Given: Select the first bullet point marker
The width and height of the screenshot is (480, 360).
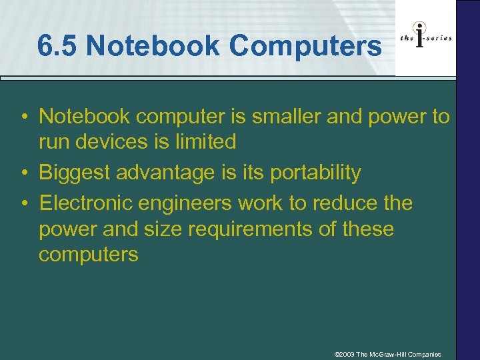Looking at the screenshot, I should coord(23,117).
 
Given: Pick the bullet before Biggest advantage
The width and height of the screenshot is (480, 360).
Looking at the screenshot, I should coord(23,173).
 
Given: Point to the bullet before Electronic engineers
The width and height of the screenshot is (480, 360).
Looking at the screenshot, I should coord(23,203).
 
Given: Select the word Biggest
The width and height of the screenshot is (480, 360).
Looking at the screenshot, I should coord(74,172).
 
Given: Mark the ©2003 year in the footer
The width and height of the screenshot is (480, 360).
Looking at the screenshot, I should coord(344,353).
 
